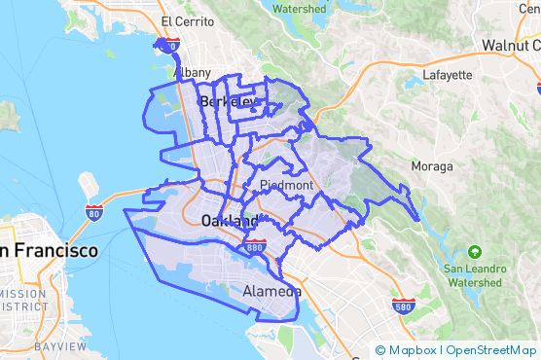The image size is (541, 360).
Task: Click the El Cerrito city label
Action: [180, 21]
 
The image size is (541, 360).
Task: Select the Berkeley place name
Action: [229, 101]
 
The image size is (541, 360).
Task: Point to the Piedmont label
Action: [286, 185]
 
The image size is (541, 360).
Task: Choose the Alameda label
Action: [271, 291]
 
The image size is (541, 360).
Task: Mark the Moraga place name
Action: [432, 166]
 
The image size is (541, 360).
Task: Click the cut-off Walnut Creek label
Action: [511, 46]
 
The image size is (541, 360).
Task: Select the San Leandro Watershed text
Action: [475, 274]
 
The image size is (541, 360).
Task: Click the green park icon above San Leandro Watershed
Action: [474, 250]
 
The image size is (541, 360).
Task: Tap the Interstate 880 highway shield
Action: [256, 246]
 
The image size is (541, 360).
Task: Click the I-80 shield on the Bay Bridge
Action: [94, 211]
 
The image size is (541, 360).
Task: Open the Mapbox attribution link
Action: [407, 350]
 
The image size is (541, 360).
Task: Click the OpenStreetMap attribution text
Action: [489, 350]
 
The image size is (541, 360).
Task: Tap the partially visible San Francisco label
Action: [49, 251]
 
